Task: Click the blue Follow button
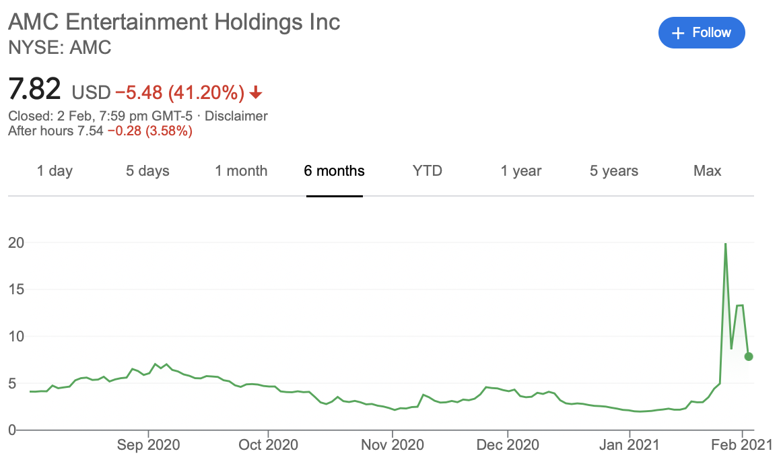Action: click(702, 33)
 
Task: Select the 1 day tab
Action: click(55, 171)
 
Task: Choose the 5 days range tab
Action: click(147, 171)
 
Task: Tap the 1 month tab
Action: click(241, 171)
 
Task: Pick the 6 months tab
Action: click(334, 171)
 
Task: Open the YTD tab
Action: click(428, 171)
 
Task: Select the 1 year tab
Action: click(520, 171)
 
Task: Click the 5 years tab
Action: click(613, 171)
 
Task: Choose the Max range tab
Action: click(708, 171)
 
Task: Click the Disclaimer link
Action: click(236, 116)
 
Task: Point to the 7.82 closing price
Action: click(34, 89)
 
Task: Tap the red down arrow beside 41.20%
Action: click(256, 92)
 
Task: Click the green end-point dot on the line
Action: click(749, 356)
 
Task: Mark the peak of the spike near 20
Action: click(725, 244)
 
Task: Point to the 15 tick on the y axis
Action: click(16, 290)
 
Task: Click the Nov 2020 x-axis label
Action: click(393, 444)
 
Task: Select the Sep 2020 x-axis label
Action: click(148, 444)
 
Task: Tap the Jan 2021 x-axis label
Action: click(629, 444)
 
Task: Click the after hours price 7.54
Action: click(90, 131)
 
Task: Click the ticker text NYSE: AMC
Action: click(60, 48)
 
